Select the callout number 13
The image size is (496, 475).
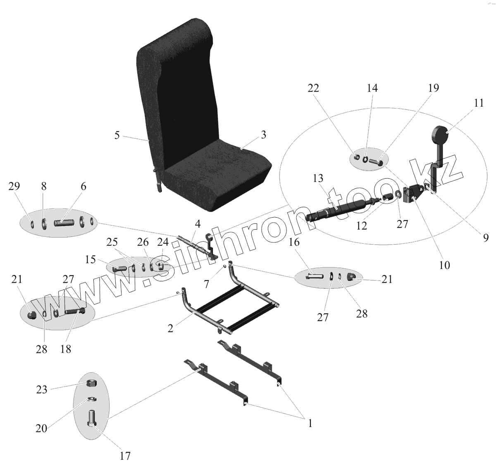tap(318, 178)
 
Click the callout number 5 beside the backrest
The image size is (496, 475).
tap(117, 135)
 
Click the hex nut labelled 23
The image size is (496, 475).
tap(92, 383)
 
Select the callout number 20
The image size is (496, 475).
tap(41, 428)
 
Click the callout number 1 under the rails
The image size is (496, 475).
tap(310, 423)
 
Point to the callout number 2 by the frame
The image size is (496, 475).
tap(170, 329)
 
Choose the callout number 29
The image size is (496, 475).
tap(14, 186)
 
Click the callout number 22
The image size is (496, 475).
tap(313, 88)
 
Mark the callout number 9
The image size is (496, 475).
tap(486, 237)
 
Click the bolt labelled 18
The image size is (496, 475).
tap(74, 311)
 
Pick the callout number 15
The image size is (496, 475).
tap(91, 260)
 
